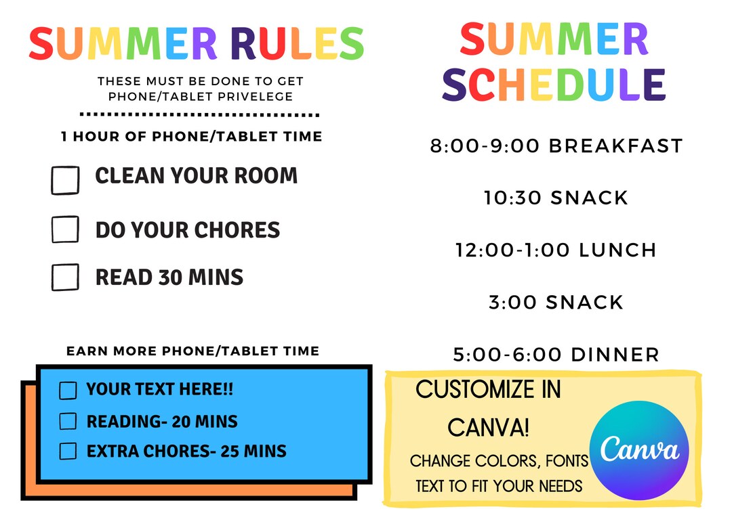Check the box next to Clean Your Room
click(65, 180)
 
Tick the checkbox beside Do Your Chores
click(65, 229)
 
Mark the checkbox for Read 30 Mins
click(65, 277)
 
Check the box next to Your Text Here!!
click(68, 391)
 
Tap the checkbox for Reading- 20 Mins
click(68, 421)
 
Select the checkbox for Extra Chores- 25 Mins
click(68, 451)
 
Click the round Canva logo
click(639, 450)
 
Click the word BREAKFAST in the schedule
click(615, 146)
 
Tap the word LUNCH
click(617, 250)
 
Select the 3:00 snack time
click(512, 302)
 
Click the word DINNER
click(615, 354)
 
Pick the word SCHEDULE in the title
click(554, 84)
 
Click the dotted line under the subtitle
click(199, 114)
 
